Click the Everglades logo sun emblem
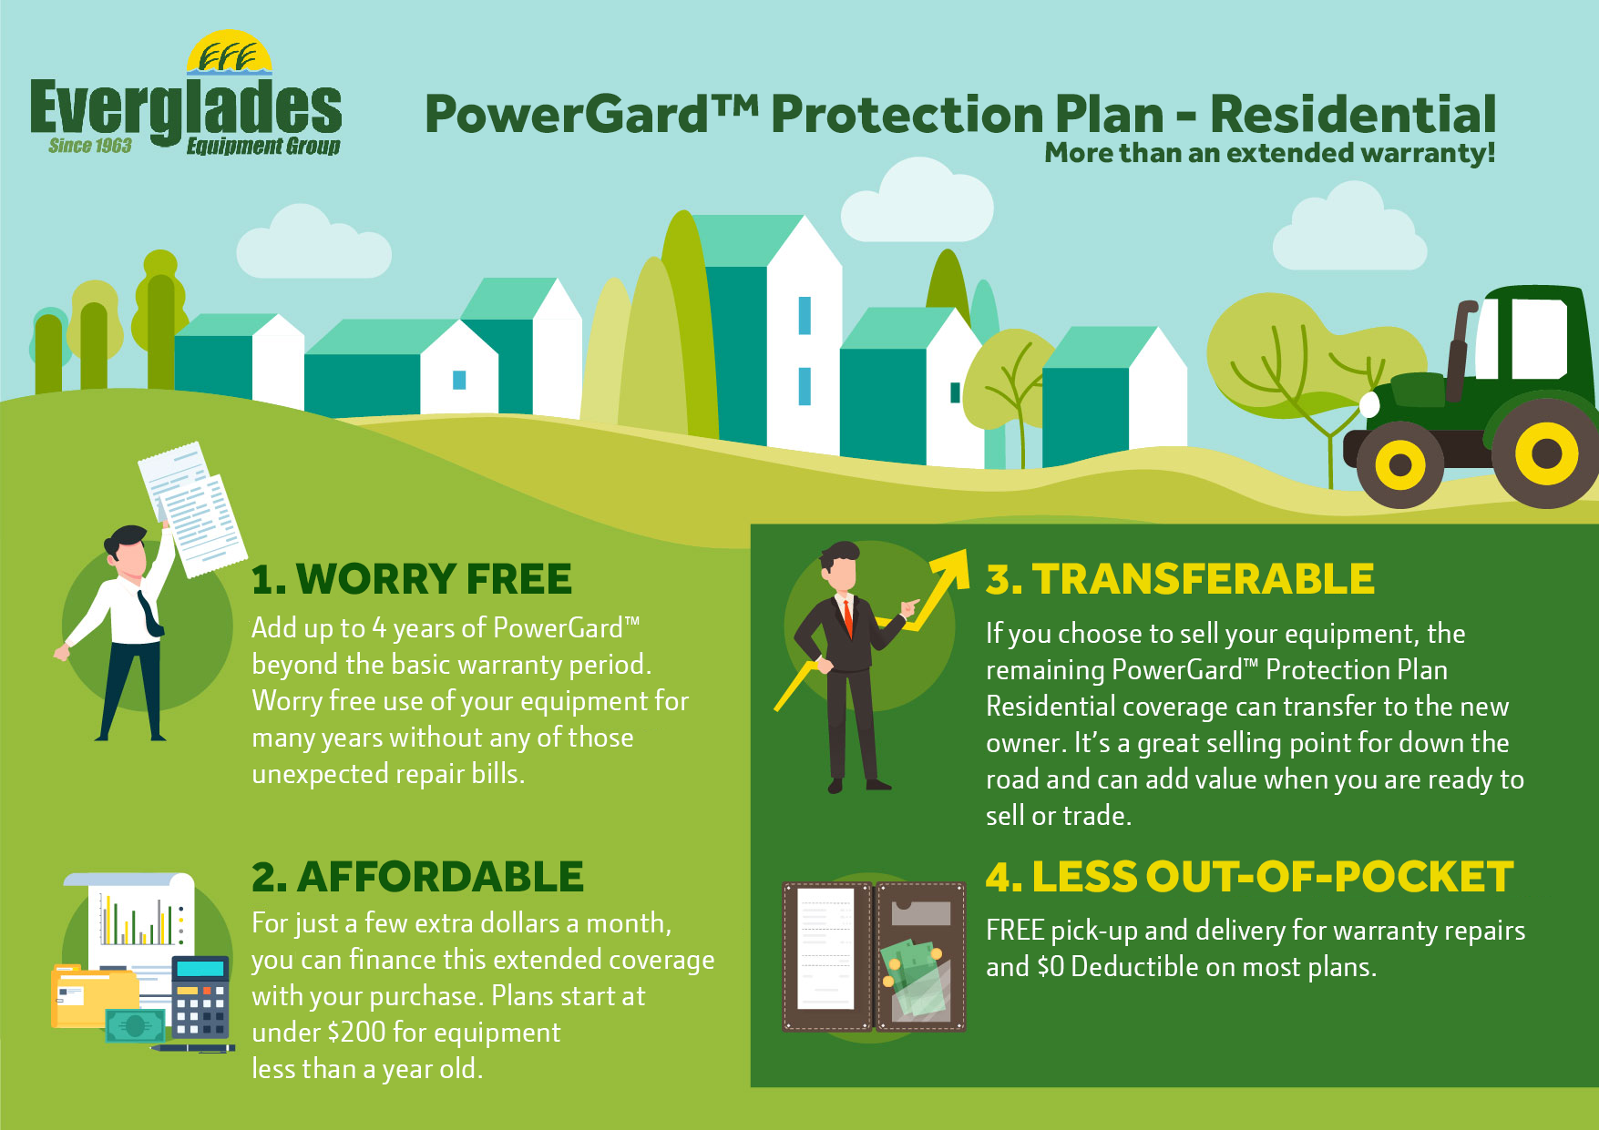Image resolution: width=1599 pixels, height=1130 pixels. tap(230, 53)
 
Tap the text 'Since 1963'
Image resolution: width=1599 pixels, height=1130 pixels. tap(90, 146)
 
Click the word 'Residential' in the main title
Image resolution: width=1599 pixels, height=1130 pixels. tap(1352, 115)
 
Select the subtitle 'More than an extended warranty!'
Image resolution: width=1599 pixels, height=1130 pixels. tap(1269, 153)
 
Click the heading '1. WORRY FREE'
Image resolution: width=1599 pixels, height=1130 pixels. tap(412, 579)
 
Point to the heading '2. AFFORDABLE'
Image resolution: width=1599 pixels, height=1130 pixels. tap(417, 877)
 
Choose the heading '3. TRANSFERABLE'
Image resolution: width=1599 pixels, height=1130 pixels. tap(1180, 579)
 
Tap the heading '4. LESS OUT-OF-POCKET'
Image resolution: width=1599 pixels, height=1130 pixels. tap(1249, 877)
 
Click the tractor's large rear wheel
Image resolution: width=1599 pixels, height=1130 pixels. tap(1545, 453)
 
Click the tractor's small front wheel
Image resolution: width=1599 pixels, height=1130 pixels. tap(1399, 465)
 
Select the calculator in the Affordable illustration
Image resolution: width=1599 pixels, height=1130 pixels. tap(201, 997)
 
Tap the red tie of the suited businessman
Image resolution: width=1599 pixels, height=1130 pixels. tap(847, 617)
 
